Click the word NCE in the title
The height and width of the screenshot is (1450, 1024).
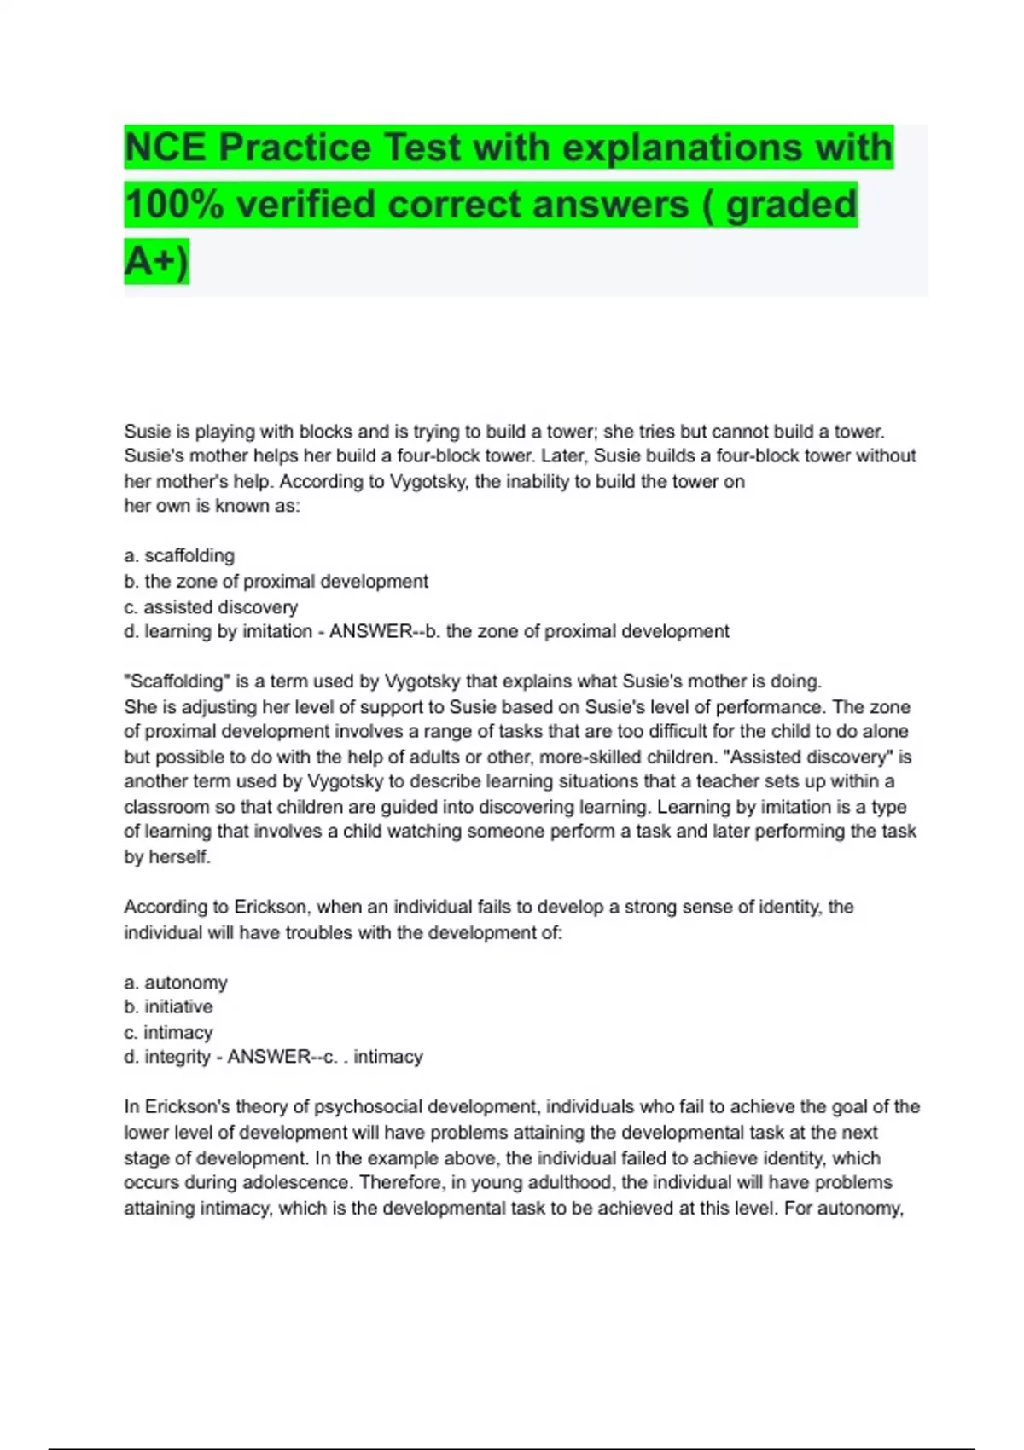[165, 148]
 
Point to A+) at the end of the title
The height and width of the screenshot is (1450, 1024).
[156, 260]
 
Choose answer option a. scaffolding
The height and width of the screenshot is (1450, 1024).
[179, 556]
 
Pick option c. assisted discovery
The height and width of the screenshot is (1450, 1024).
[211, 607]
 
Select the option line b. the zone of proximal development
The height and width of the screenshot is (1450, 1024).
[276, 582]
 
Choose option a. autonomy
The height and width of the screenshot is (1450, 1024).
[176, 983]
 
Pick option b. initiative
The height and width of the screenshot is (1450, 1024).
[168, 1007]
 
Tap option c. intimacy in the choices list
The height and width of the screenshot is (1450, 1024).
[168, 1033]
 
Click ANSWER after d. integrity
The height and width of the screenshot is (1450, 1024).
[269, 1057]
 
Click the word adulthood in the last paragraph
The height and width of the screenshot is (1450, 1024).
[561, 1183]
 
